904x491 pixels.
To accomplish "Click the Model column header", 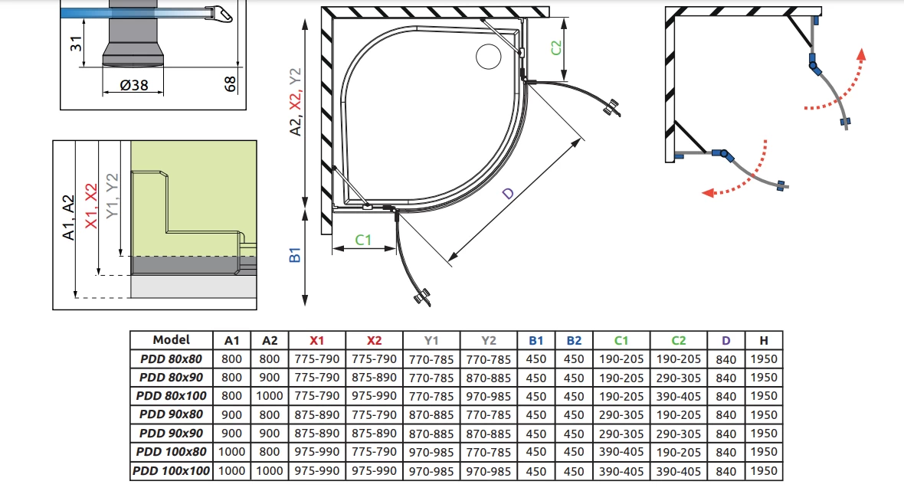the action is pyautogui.click(x=172, y=340).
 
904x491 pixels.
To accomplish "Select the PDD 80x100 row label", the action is pyautogui.click(x=172, y=396).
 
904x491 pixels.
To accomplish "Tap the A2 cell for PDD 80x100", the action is pyautogui.click(x=269, y=396).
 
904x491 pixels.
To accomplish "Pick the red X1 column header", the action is pyautogui.click(x=316, y=341).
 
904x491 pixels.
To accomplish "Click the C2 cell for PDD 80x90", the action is pyautogui.click(x=678, y=378).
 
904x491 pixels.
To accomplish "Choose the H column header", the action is pyautogui.click(x=763, y=341).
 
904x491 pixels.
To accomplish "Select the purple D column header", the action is pyautogui.click(x=725, y=341).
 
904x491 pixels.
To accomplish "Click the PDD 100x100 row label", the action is pyautogui.click(x=172, y=471).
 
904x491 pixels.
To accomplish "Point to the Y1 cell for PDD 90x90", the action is pyautogui.click(x=431, y=434).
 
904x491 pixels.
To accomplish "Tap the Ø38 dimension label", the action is pyautogui.click(x=134, y=85).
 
